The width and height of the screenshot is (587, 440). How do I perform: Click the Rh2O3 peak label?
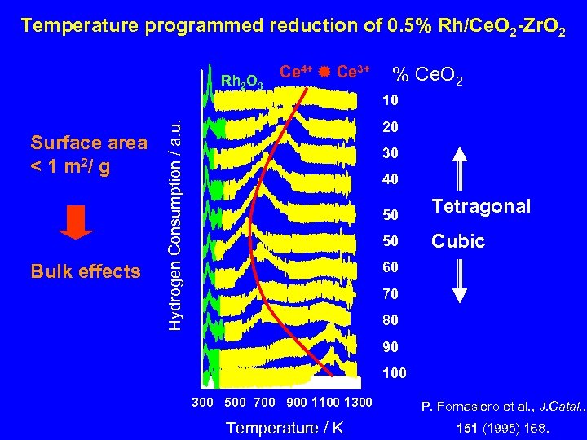click(241, 81)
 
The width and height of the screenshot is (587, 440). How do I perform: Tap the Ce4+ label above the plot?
click(295, 71)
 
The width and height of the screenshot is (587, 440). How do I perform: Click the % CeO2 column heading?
click(429, 77)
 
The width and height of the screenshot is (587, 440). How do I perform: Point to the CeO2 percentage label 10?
click(391, 102)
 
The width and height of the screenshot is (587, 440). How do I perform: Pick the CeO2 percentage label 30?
click(391, 153)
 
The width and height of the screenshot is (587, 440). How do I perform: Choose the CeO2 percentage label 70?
click(391, 294)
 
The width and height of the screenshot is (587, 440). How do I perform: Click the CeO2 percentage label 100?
click(394, 373)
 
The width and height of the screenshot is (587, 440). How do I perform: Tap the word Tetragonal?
click(481, 206)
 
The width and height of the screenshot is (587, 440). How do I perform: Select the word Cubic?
click(458, 241)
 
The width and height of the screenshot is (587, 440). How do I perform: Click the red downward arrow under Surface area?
click(77, 222)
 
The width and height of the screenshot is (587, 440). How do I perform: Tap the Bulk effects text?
click(86, 271)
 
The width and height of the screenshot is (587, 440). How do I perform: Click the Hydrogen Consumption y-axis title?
click(174, 220)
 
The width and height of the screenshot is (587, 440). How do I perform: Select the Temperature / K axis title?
click(285, 428)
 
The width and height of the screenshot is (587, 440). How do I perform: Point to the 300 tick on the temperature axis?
click(202, 403)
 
